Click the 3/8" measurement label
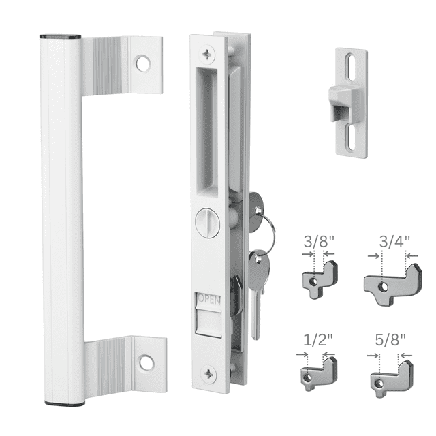(317, 241)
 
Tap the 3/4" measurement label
(394, 241)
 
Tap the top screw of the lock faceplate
(206, 51)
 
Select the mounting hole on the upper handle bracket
(143, 64)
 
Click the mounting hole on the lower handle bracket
(146, 362)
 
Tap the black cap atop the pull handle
(60, 36)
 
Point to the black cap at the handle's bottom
(65, 403)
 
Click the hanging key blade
(255, 300)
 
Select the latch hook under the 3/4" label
(393, 280)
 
